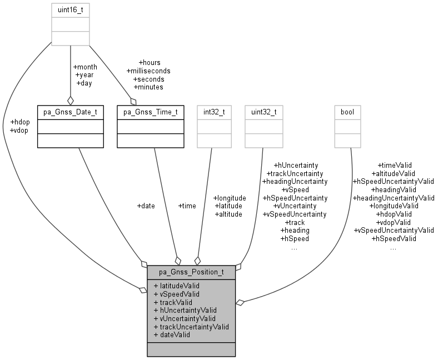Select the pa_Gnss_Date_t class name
pyautogui.click(x=70, y=112)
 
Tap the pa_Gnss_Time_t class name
pyautogui.click(x=150, y=112)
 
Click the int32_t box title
pyautogui.click(x=213, y=112)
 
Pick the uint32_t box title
pyautogui.click(x=263, y=112)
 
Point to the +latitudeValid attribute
pyautogui.click(x=176, y=285)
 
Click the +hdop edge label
pyautogui.click(x=21, y=122)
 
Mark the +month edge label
pyautogui.click(x=85, y=67)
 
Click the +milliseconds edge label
pyautogui.click(x=148, y=71)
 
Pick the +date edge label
pyautogui.click(x=146, y=206)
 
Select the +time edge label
pyautogui.click(x=187, y=206)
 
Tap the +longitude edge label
pyautogui.click(x=229, y=197)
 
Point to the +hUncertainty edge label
pyautogui.click(x=295, y=165)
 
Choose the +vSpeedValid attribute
pyautogui.click(x=176, y=293)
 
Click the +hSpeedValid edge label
pyautogui.click(x=393, y=238)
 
